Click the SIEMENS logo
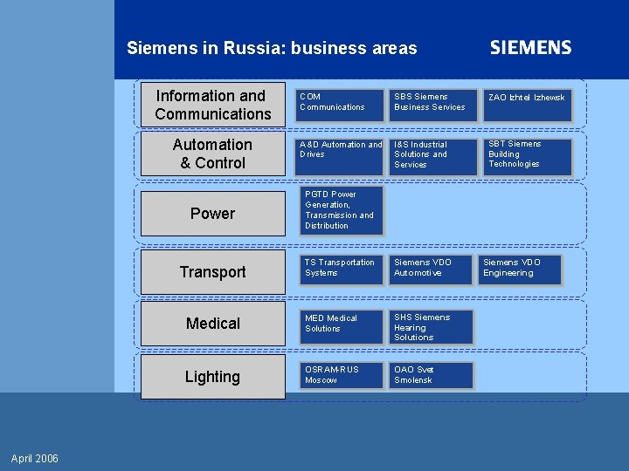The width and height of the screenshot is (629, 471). coord(530,47)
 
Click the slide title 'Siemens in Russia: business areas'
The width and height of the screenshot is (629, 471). coord(272,48)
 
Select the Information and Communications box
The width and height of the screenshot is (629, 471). coord(213,105)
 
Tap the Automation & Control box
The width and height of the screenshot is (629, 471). coord(213,154)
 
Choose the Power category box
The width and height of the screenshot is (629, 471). coord(213,213)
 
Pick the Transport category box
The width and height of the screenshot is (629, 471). coord(213,271)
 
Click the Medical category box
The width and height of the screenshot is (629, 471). coord(213,323)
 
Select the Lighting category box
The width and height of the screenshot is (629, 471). coord(213,376)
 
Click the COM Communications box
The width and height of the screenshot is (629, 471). coord(341,104)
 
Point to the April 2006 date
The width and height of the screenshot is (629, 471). coord(35,459)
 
